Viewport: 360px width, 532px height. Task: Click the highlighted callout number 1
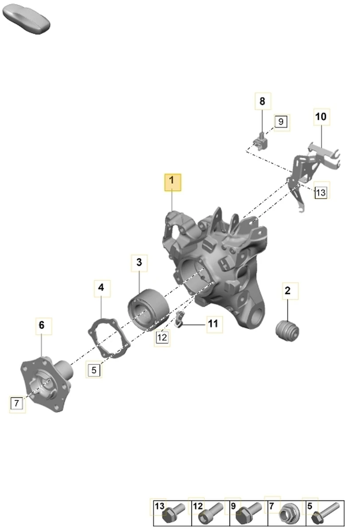(x=172, y=182)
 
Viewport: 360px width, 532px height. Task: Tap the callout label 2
(x=290, y=291)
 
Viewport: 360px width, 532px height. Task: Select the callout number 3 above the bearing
(x=139, y=263)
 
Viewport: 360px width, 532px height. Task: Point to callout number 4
(x=102, y=288)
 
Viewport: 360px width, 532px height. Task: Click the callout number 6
(x=44, y=326)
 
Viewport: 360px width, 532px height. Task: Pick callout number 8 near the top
(x=263, y=101)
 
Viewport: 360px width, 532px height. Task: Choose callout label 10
(x=321, y=117)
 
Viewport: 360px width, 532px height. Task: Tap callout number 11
(x=215, y=325)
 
